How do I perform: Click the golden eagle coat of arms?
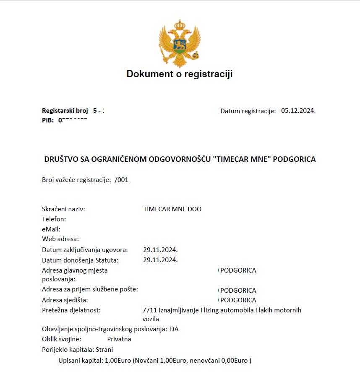click(179, 44)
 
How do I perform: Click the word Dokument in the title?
click(149, 74)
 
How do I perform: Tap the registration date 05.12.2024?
click(298, 111)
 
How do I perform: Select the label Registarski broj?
click(65, 111)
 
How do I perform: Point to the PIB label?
click(48, 120)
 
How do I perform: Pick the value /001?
click(121, 180)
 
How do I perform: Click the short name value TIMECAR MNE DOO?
click(172, 209)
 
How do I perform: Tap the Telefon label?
click(54, 219)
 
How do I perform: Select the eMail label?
click(51, 229)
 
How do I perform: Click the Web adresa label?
click(60, 239)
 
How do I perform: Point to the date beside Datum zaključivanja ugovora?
click(160, 249)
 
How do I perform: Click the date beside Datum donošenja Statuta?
click(160, 260)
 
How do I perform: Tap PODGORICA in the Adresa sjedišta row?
click(238, 300)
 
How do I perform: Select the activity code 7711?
click(150, 310)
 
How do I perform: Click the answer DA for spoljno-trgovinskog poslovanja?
click(174, 329)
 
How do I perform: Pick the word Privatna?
click(119, 339)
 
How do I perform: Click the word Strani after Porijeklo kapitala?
click(104, 349)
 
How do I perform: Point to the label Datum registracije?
click(248, 111)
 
